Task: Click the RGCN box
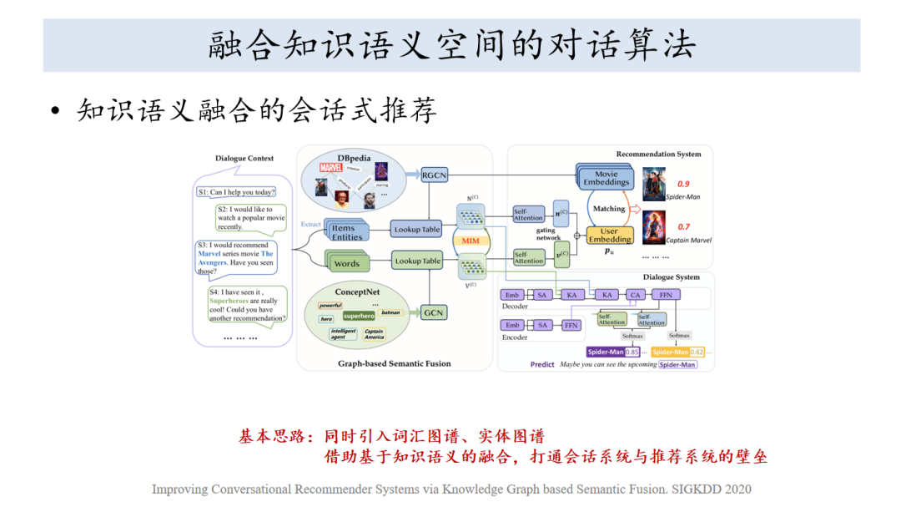coord(434,175)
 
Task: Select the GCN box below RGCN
coord(434,313)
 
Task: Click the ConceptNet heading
coord(358,292)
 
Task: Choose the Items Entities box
coord(346,232)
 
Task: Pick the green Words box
coord(346,263)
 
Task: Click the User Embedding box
coord(610,235)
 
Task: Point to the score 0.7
coord(683,226)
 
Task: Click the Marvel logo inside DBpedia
coord(331,167)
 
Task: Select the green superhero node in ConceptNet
coord(359,317)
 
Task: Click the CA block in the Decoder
coord(635,295)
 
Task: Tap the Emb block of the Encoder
coord(512,325)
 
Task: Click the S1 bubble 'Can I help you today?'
coord(235,192)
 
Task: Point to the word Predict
coord(542,365)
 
